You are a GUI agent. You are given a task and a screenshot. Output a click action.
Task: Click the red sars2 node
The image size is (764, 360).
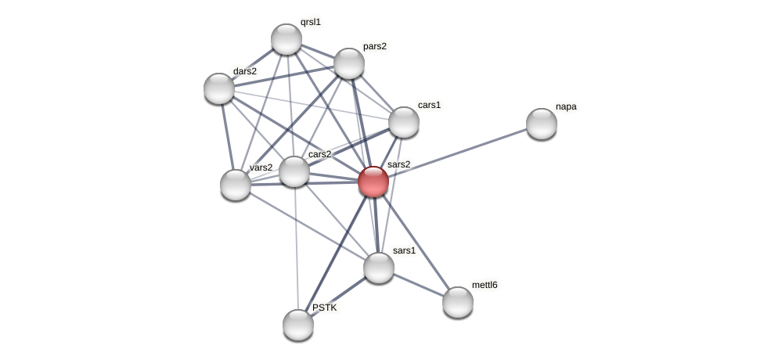[373, 182]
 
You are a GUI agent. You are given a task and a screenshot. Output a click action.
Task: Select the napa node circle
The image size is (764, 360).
[542, 124]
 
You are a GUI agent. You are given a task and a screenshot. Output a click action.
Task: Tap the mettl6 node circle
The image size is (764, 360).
[458, 302]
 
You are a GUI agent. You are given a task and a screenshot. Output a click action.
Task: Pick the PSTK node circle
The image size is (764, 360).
[298, 325]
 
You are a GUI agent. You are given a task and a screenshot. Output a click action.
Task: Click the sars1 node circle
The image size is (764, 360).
[379, 268]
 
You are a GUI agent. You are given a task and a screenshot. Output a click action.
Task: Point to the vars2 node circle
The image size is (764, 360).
[236, 185]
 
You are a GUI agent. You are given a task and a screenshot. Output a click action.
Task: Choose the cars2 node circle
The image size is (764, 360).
[294, 171]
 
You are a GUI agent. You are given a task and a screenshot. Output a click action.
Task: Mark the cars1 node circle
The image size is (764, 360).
[404, 122]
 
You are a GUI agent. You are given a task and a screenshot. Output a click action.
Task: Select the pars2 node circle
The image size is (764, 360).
[349, 63]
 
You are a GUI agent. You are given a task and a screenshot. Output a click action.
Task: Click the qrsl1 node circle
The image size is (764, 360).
[286, 39]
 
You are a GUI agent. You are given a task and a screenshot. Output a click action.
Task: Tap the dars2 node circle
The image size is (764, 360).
[219, 88]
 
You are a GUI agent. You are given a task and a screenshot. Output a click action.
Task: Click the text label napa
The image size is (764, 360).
[566, 106]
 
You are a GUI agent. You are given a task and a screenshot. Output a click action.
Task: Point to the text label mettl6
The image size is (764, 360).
[485, 285]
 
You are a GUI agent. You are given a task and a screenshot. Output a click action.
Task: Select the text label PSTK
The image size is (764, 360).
[325, 308]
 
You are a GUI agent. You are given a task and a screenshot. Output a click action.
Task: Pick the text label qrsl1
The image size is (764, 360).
[311, 22]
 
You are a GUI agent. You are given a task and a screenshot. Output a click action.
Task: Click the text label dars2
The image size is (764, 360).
[245, 71]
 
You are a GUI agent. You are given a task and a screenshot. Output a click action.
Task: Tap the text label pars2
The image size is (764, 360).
[375, 46]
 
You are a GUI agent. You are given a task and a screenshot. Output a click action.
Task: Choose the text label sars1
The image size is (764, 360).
[404, 250]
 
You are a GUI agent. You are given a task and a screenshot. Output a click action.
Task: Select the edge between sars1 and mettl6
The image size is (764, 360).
[419, 285]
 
